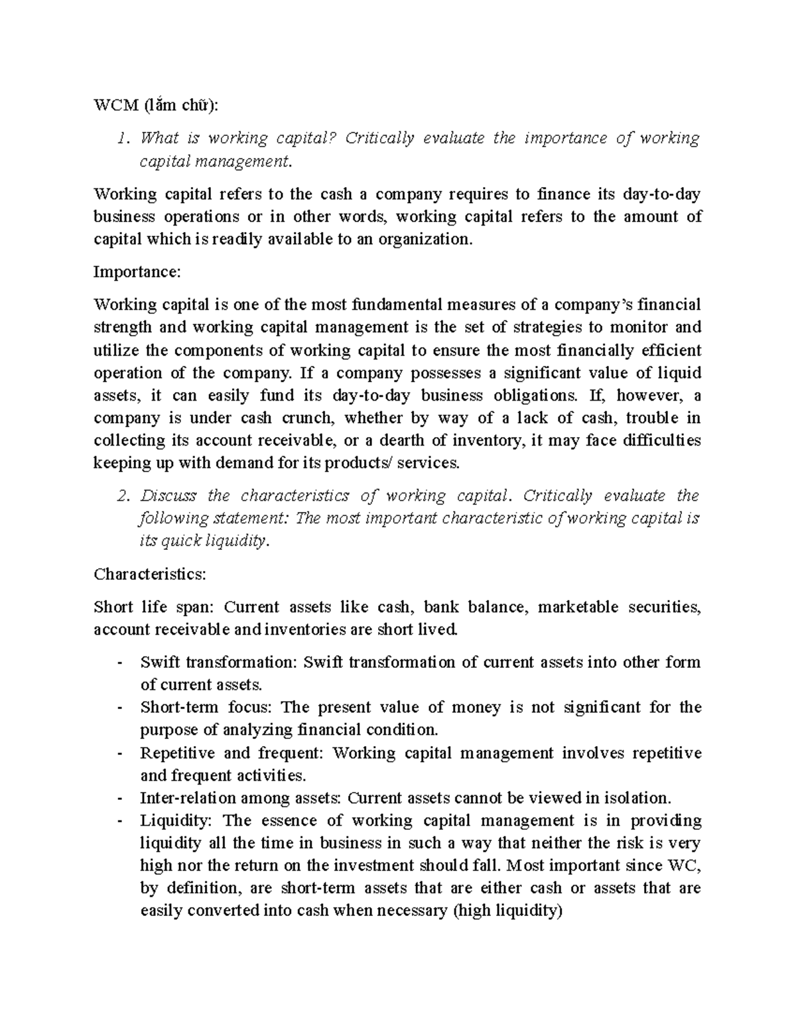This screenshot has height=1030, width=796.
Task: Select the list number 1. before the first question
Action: tap(121, 138)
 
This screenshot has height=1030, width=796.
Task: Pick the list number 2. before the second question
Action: tap(121, 496)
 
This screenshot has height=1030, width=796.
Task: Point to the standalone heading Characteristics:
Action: tap(150, 574)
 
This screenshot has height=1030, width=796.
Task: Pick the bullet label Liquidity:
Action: tap(176, 821)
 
